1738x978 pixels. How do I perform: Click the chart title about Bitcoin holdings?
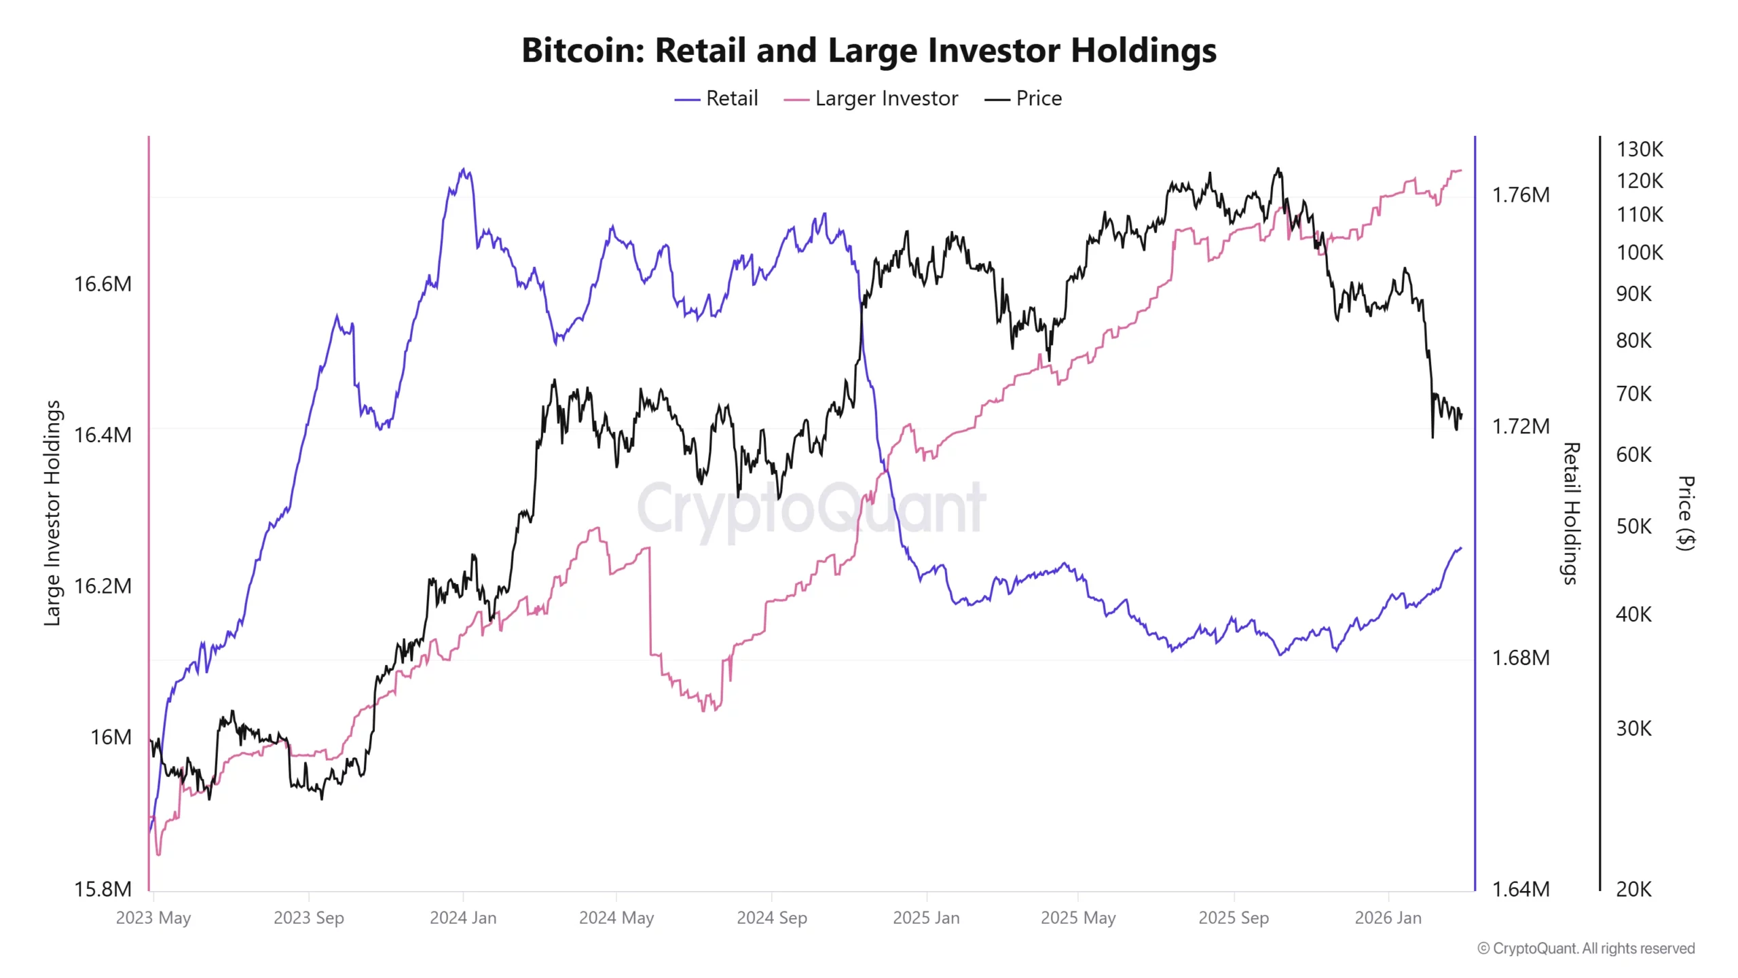[x=868, y=50]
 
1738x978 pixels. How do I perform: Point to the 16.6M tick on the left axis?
[x=103, y=284]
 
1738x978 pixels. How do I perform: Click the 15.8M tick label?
[x=103, y=888]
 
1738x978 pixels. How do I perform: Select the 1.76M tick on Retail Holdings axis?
[x=1520, y=196]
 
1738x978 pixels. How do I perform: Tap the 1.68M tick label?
[x=1520, y=657]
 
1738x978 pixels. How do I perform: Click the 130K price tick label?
[x=1640, y=149]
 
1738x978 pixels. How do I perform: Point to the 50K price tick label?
[x=1633, y=526]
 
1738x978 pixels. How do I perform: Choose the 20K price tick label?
[x=1633, y=888]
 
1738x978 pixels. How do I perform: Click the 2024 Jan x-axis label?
[x=463, y=918]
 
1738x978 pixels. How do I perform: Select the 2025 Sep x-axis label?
[x=1233, y=918]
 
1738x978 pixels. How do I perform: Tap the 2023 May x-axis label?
[x=153, y=918]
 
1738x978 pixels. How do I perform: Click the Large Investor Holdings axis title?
[x=52, y=513]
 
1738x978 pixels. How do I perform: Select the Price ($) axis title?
[x=1686, y=513]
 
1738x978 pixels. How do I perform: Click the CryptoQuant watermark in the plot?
[x=811, y=508]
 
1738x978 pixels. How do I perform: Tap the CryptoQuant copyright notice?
[x=1585, y=948]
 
